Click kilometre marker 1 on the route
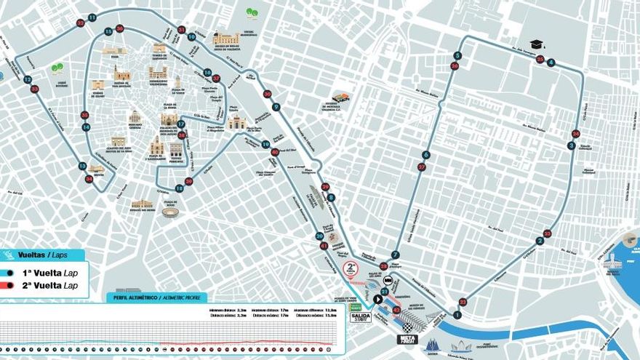click(457, 315)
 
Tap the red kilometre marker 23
click(547, 233)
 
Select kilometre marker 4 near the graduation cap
click(551, 63)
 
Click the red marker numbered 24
click(576, 134)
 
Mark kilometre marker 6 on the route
click(425, 155)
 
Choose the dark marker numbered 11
click(92, 17)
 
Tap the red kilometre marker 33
click(35, 89)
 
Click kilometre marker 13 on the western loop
click(82, 166)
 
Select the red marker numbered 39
click(188, 181)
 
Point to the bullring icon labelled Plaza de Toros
click(170, 212)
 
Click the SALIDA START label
click(361, 317)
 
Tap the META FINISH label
click(407, 339)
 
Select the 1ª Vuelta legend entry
click(44, 272)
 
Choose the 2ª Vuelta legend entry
click(44, 286)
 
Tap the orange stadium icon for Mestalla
click(340, 97)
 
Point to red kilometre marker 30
click(267, 94)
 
